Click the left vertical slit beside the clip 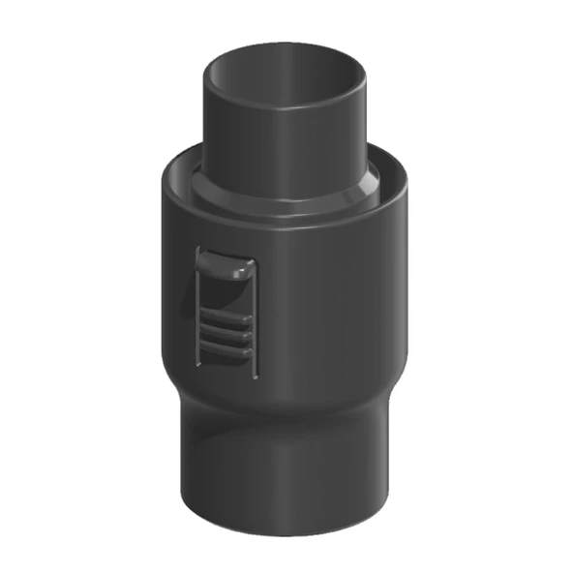pos(196,310)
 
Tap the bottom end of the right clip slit pos(256,374)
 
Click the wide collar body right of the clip pos(339,310)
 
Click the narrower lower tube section pos(290,474)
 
